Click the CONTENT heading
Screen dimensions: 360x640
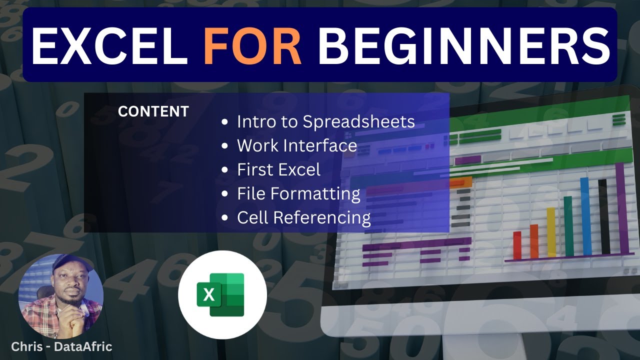click(x=153, y=111)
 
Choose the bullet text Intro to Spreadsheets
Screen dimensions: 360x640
click(x=325, y=121)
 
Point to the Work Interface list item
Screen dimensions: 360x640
click(x=297, y=145)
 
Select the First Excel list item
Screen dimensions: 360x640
click(x=278, y=169)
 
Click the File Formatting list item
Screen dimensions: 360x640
click(x=298, y=193)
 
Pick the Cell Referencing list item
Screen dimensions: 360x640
click(x=303, y=217)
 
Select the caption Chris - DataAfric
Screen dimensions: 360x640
click(x=61, y=346)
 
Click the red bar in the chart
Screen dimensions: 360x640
click(x=517, y=245)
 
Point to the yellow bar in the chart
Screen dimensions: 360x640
click(x=551, y=232)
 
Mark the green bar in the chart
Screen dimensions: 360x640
click(x=568, y=226)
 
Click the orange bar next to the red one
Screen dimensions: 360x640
click(x=534, y=241)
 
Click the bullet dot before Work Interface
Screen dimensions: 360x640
click(x=226, y=146)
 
